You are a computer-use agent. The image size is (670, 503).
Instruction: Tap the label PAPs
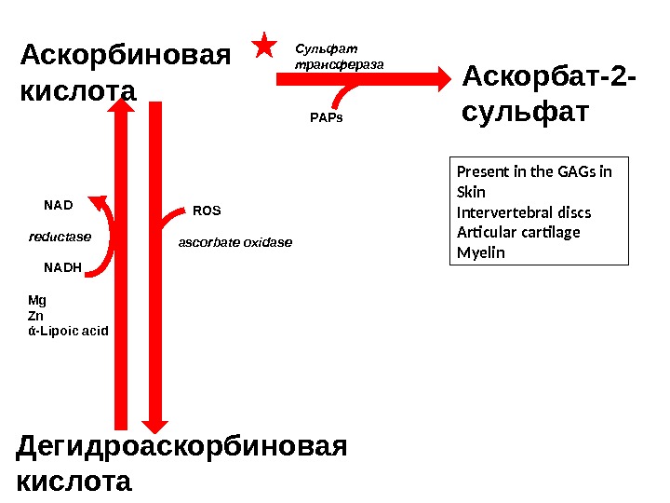326,118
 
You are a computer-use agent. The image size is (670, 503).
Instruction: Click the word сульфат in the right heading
525,112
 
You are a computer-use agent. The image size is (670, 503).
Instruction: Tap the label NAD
59,201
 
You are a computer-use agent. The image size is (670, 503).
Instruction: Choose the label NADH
63,267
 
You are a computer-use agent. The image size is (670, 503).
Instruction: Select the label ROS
206,211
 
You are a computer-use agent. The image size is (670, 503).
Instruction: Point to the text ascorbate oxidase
234,243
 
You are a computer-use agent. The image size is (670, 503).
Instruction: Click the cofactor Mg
37,300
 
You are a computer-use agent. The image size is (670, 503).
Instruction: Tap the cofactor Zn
36,315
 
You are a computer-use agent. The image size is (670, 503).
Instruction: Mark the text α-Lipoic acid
69,330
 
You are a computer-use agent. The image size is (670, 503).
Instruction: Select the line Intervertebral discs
524,211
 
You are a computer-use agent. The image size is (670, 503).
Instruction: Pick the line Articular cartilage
518,232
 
